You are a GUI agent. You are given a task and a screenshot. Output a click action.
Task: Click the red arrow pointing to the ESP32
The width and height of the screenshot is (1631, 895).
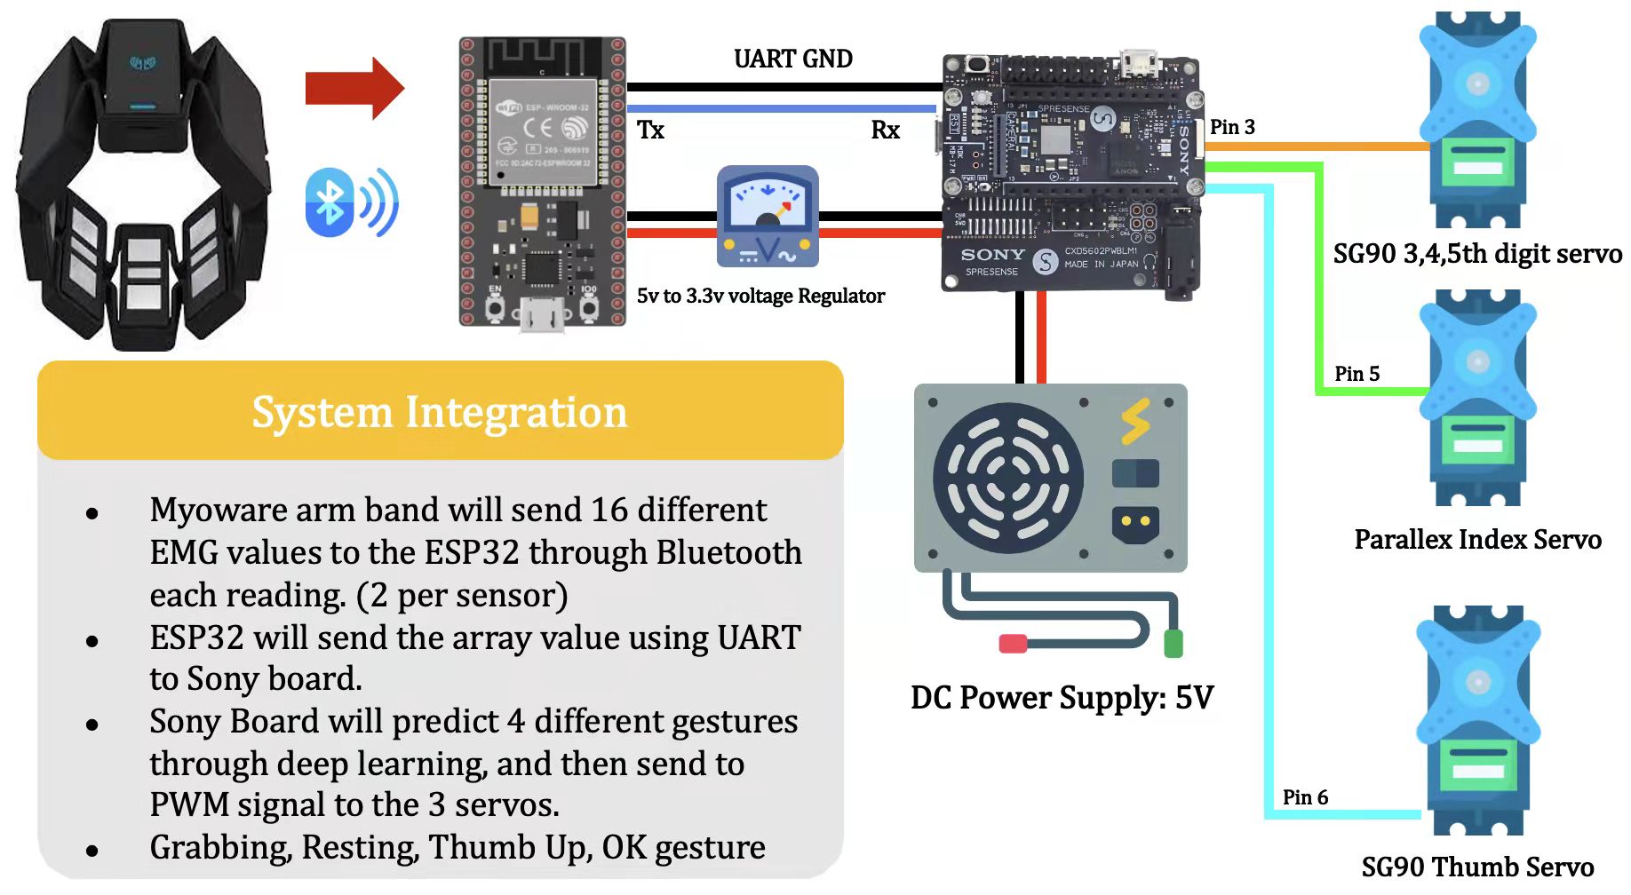click(x=354, y=88)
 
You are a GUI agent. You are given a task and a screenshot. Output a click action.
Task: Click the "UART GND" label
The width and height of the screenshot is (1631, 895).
click(x=792, y=59)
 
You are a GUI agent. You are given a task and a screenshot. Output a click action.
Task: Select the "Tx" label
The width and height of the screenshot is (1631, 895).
click(x=650, y=131)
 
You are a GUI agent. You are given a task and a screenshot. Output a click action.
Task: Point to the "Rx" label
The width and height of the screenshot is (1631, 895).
click(x=885, y=131)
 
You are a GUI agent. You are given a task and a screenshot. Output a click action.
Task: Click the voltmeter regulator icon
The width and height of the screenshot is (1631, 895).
click(x=768, y=217)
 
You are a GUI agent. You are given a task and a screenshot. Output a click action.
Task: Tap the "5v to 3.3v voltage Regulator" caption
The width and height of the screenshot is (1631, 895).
click(x=760, y=296)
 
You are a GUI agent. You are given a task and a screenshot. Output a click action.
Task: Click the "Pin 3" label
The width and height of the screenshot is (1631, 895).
click(x=1232, y=127)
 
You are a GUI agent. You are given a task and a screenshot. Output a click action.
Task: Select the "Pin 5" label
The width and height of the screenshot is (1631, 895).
click(x=1357, y=374)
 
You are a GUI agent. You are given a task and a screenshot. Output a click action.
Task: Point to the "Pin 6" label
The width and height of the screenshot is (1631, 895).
click(x=1305, y=797)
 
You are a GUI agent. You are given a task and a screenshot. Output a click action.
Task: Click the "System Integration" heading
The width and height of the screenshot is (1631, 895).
click(x=440, y=412)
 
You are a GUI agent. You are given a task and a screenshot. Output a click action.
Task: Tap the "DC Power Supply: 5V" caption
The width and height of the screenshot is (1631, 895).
click(x=1062, y=698)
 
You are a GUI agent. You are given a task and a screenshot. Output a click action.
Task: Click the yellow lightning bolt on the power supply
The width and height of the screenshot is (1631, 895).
click(x=1135, y=421)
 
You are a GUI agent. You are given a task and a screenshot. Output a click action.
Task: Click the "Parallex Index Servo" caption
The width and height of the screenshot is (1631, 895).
click(x=1477, y=540)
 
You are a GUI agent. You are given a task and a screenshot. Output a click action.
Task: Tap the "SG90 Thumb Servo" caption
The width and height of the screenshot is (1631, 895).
click(x=1477, y=867)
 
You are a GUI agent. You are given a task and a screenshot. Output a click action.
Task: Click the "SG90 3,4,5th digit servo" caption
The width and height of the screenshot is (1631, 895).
click(x=1477, y=254)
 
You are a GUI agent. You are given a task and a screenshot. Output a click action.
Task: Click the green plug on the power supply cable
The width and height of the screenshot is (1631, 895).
click(x=1173, y=642)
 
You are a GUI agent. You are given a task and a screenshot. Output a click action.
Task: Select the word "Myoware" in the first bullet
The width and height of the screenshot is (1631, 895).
click(x=218, y=511)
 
